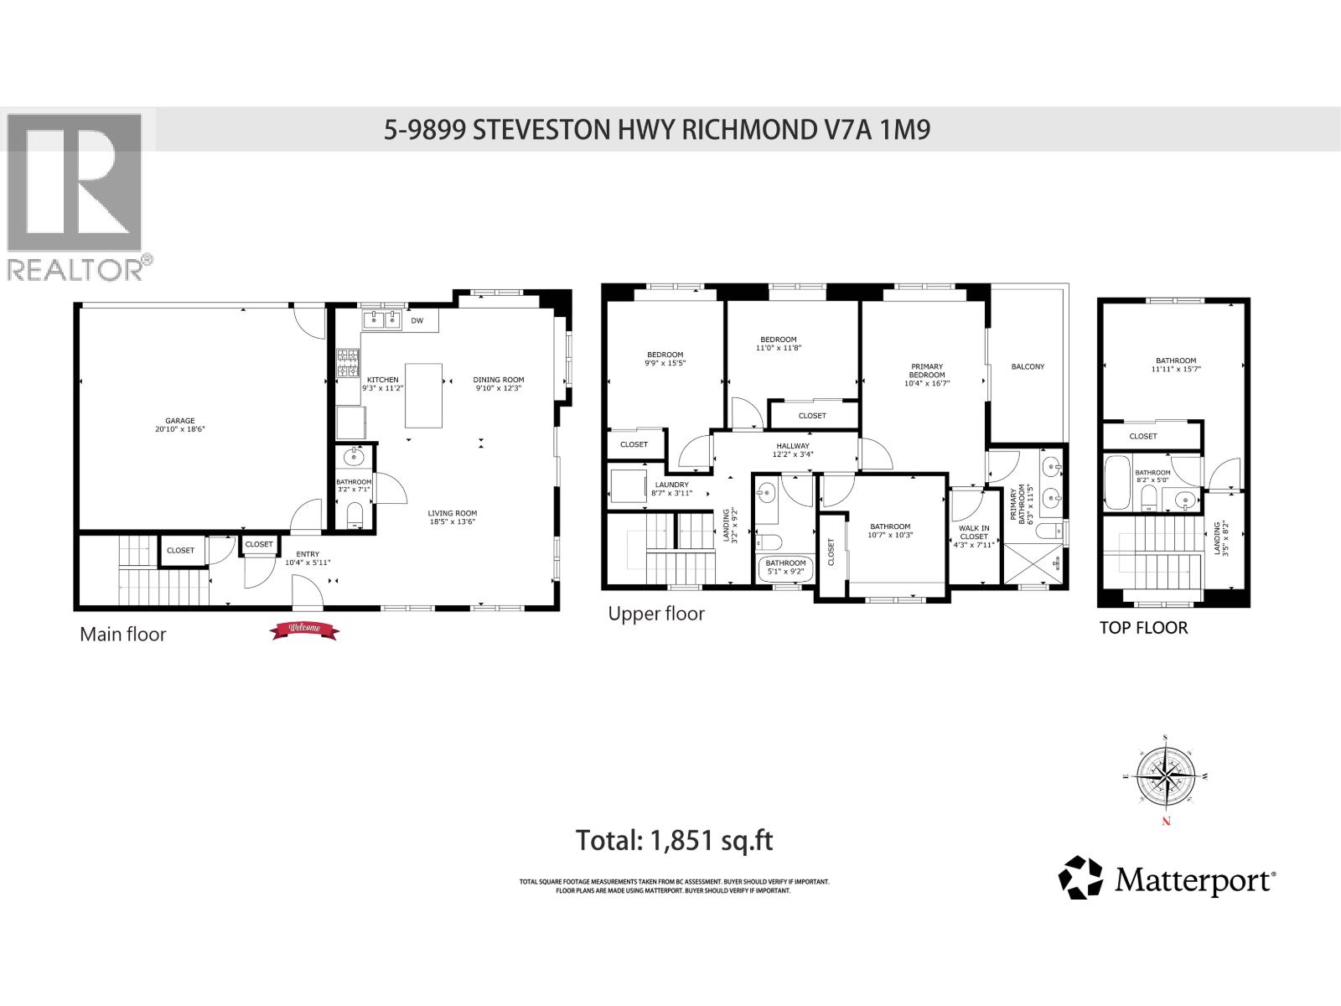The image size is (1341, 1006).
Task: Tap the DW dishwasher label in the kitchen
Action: (x=417, y=321)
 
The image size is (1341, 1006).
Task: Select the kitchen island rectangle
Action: (x=423, y=396)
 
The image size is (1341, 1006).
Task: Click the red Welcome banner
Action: (x=303, y=630)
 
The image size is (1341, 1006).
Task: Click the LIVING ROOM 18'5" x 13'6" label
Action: (x=452, y=517)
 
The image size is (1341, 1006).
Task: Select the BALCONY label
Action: (x=1028, y=367)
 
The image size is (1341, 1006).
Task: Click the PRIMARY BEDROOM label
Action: (x=927, y=375)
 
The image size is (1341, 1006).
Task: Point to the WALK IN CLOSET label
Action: (x=974, y=537)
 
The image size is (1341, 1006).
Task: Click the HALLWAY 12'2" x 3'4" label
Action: (x=792, y=450)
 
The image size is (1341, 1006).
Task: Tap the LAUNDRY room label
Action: (x=671, y=489)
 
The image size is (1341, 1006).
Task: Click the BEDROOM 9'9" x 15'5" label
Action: (x=665, y=359)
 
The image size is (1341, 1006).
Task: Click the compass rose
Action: (x=1166, y=776)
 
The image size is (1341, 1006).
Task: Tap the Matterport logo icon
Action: (x=1081, y=878)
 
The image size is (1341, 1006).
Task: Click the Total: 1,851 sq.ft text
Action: (x=674, y=840)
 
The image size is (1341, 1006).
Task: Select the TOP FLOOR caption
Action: (x=1143, y=628)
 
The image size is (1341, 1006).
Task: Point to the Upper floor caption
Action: (x=656, y=614)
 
